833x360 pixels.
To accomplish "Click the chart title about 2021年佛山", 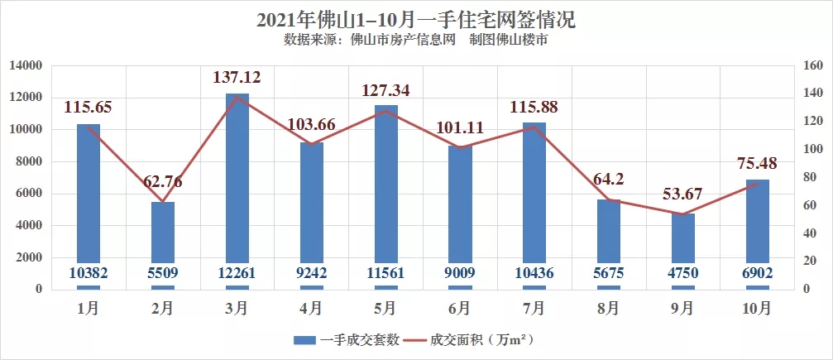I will pos(415,17).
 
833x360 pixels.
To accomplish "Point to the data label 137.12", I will pos(237,76).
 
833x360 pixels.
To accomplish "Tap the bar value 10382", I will pos(89,274).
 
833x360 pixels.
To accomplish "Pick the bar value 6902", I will pos(757,274).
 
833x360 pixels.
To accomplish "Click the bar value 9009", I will pos(460,274).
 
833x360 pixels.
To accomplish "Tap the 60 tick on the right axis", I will pos(807,205).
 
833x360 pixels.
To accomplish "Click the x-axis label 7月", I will pos(534,308).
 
